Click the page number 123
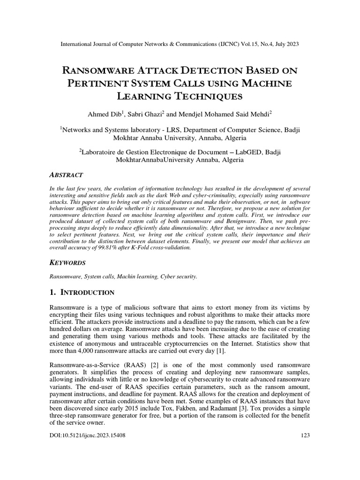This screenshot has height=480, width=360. click(305, 435)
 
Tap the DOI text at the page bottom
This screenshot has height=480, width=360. click(87, 435)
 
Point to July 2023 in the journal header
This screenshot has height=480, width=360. click(285, 44)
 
